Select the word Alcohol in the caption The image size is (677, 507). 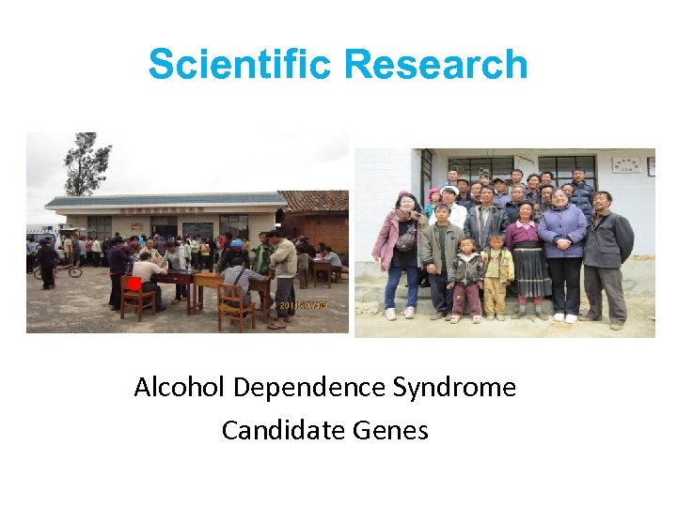(x=181, y=387)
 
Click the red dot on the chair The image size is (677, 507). (x=134, y=284)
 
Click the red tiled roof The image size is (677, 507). (x=317, y=200)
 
